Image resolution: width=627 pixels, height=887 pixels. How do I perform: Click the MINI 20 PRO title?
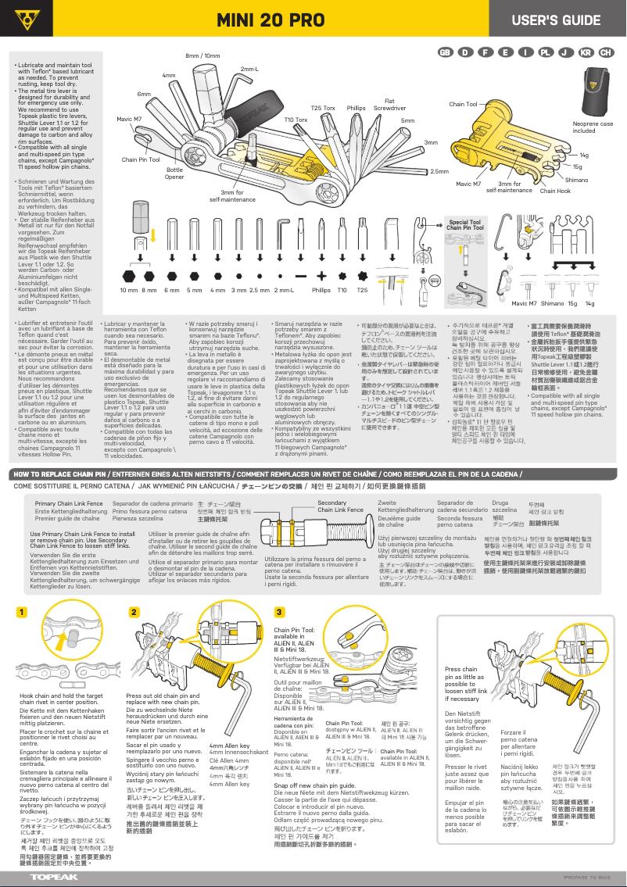271,19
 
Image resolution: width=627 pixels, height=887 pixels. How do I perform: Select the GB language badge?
445,52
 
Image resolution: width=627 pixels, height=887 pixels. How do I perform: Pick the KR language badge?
585,52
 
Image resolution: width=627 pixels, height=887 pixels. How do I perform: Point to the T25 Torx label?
323,108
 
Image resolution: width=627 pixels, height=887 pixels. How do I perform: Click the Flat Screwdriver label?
389,104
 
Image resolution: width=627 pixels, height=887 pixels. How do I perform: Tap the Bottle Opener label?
175,173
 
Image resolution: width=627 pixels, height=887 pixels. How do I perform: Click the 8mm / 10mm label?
202,56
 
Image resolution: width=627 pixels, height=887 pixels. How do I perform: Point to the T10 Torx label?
296,120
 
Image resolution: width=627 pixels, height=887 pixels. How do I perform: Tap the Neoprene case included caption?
593,127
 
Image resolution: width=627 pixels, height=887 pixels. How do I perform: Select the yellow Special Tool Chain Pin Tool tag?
464,225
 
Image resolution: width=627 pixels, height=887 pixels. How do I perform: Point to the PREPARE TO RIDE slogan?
586,878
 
